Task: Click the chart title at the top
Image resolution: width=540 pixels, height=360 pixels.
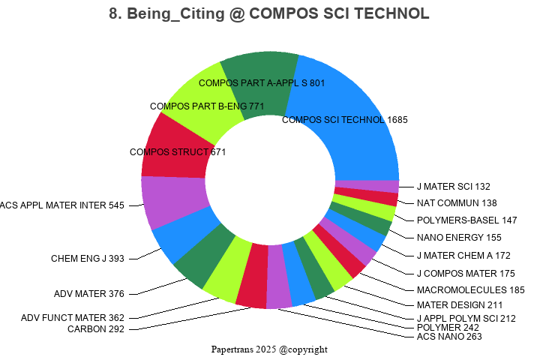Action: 269,14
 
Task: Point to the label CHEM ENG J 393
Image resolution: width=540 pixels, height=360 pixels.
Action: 88,259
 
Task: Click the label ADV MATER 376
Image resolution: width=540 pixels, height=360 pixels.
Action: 89,293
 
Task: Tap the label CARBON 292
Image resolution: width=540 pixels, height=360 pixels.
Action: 96,328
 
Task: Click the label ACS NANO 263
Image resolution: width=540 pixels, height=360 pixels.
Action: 449,337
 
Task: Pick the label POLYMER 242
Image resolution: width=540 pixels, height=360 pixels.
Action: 448,328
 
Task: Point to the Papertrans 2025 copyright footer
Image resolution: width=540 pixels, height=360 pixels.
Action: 269,349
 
